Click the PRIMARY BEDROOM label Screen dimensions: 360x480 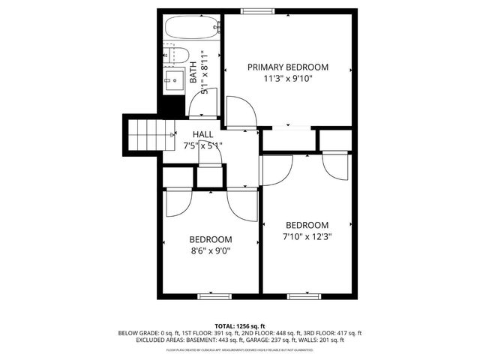coord(288,67)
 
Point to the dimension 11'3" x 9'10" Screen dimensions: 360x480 coord(288,78)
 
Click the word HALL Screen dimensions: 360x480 coord(202,134)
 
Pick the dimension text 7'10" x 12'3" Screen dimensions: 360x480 coord(307,236)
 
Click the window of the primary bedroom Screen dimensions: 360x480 coord(257,10)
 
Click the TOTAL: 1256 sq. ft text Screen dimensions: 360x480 coord(239,325)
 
